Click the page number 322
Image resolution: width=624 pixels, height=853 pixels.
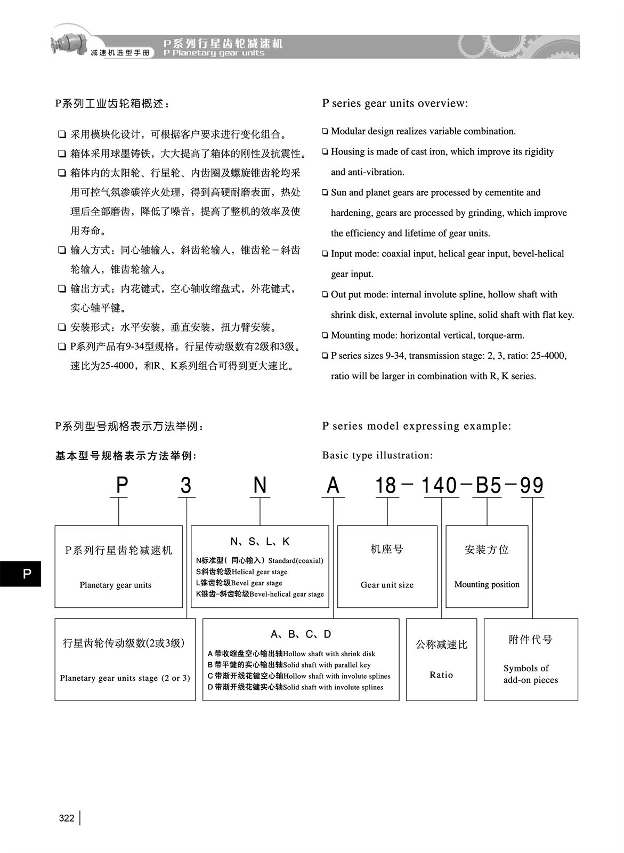[x=67, y=818]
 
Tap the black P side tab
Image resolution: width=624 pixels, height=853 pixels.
[x=20, y=574]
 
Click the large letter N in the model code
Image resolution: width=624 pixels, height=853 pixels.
[x=260, y=486]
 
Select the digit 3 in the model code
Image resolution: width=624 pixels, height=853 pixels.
[x=186, y=486]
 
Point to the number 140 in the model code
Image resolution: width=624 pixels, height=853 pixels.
[x=440, y=486]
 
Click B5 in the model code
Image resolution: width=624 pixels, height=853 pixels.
[x=488, y=486]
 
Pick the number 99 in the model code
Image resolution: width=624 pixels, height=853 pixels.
[x=531, y=486]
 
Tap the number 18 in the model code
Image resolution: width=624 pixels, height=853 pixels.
[x=386, y=486]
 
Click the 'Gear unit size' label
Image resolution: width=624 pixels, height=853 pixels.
[x=387, y=585]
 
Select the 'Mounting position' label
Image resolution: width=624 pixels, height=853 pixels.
[x=487, y=584]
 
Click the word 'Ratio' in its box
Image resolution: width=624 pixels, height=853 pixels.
[x=441, y=675]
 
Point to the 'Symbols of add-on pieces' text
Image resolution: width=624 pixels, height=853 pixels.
[x=530, y=674]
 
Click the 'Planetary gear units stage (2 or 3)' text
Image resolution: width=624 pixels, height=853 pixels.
[x=125, y=678]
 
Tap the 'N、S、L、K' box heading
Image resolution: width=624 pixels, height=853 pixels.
[x=260, y=542]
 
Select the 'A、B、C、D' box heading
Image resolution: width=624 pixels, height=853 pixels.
[x=301, y=634]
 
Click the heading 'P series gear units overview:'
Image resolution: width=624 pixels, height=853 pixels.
[x=395, y=103]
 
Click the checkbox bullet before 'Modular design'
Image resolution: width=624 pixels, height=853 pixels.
[x=325, y=131]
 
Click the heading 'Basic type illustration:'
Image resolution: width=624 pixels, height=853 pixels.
[x=377, y=455]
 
